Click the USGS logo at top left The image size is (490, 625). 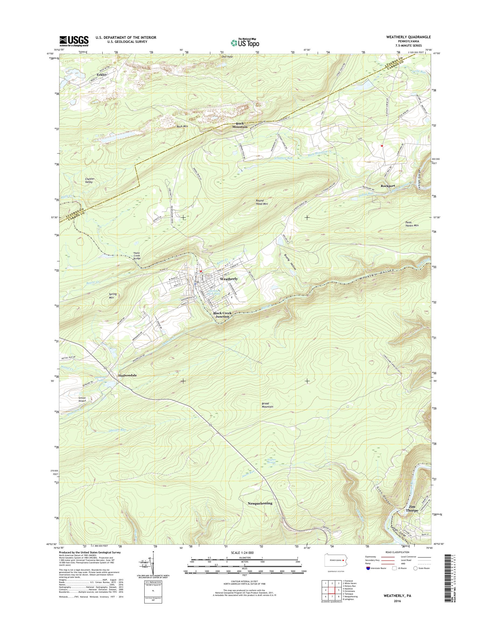(x=74, y=41)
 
